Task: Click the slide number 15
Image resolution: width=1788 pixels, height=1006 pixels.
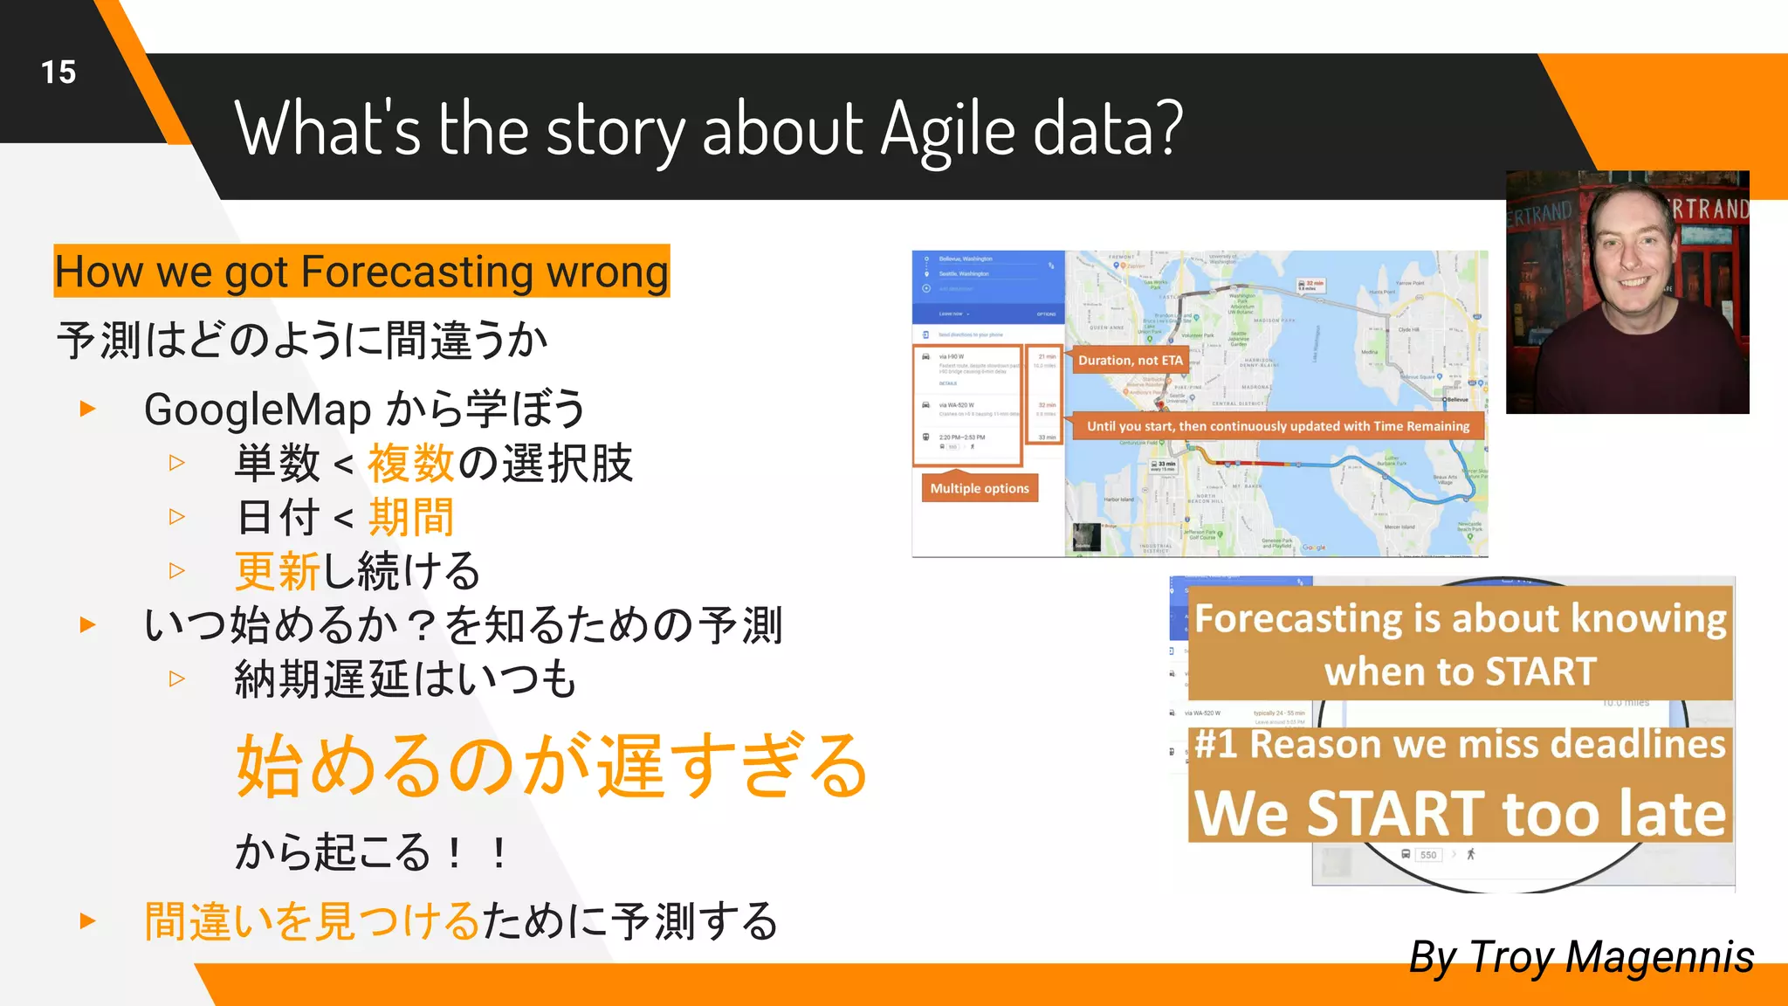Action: [58, 72]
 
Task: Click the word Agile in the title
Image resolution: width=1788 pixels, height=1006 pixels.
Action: [947, 131]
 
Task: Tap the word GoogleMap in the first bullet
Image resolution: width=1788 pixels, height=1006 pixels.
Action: [258, 410]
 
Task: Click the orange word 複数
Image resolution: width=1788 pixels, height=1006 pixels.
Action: [410, 464]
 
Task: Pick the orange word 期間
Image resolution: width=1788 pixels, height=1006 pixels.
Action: [410, 518]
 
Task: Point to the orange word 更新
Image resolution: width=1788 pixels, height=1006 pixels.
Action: [278, 572]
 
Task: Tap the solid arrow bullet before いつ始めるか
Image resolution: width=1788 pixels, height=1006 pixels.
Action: [87, 625]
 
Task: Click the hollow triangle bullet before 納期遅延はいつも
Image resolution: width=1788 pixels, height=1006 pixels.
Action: [177, 679]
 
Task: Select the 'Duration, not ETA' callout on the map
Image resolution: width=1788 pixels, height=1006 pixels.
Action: [1130, 360]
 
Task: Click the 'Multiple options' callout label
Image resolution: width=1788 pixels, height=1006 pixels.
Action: [979, 488]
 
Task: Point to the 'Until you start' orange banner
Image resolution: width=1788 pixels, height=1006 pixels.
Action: [1277, 426]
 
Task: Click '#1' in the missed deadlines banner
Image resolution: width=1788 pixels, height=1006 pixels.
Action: [1216, 745]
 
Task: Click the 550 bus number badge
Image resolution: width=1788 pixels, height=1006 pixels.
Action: [1428, 855]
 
